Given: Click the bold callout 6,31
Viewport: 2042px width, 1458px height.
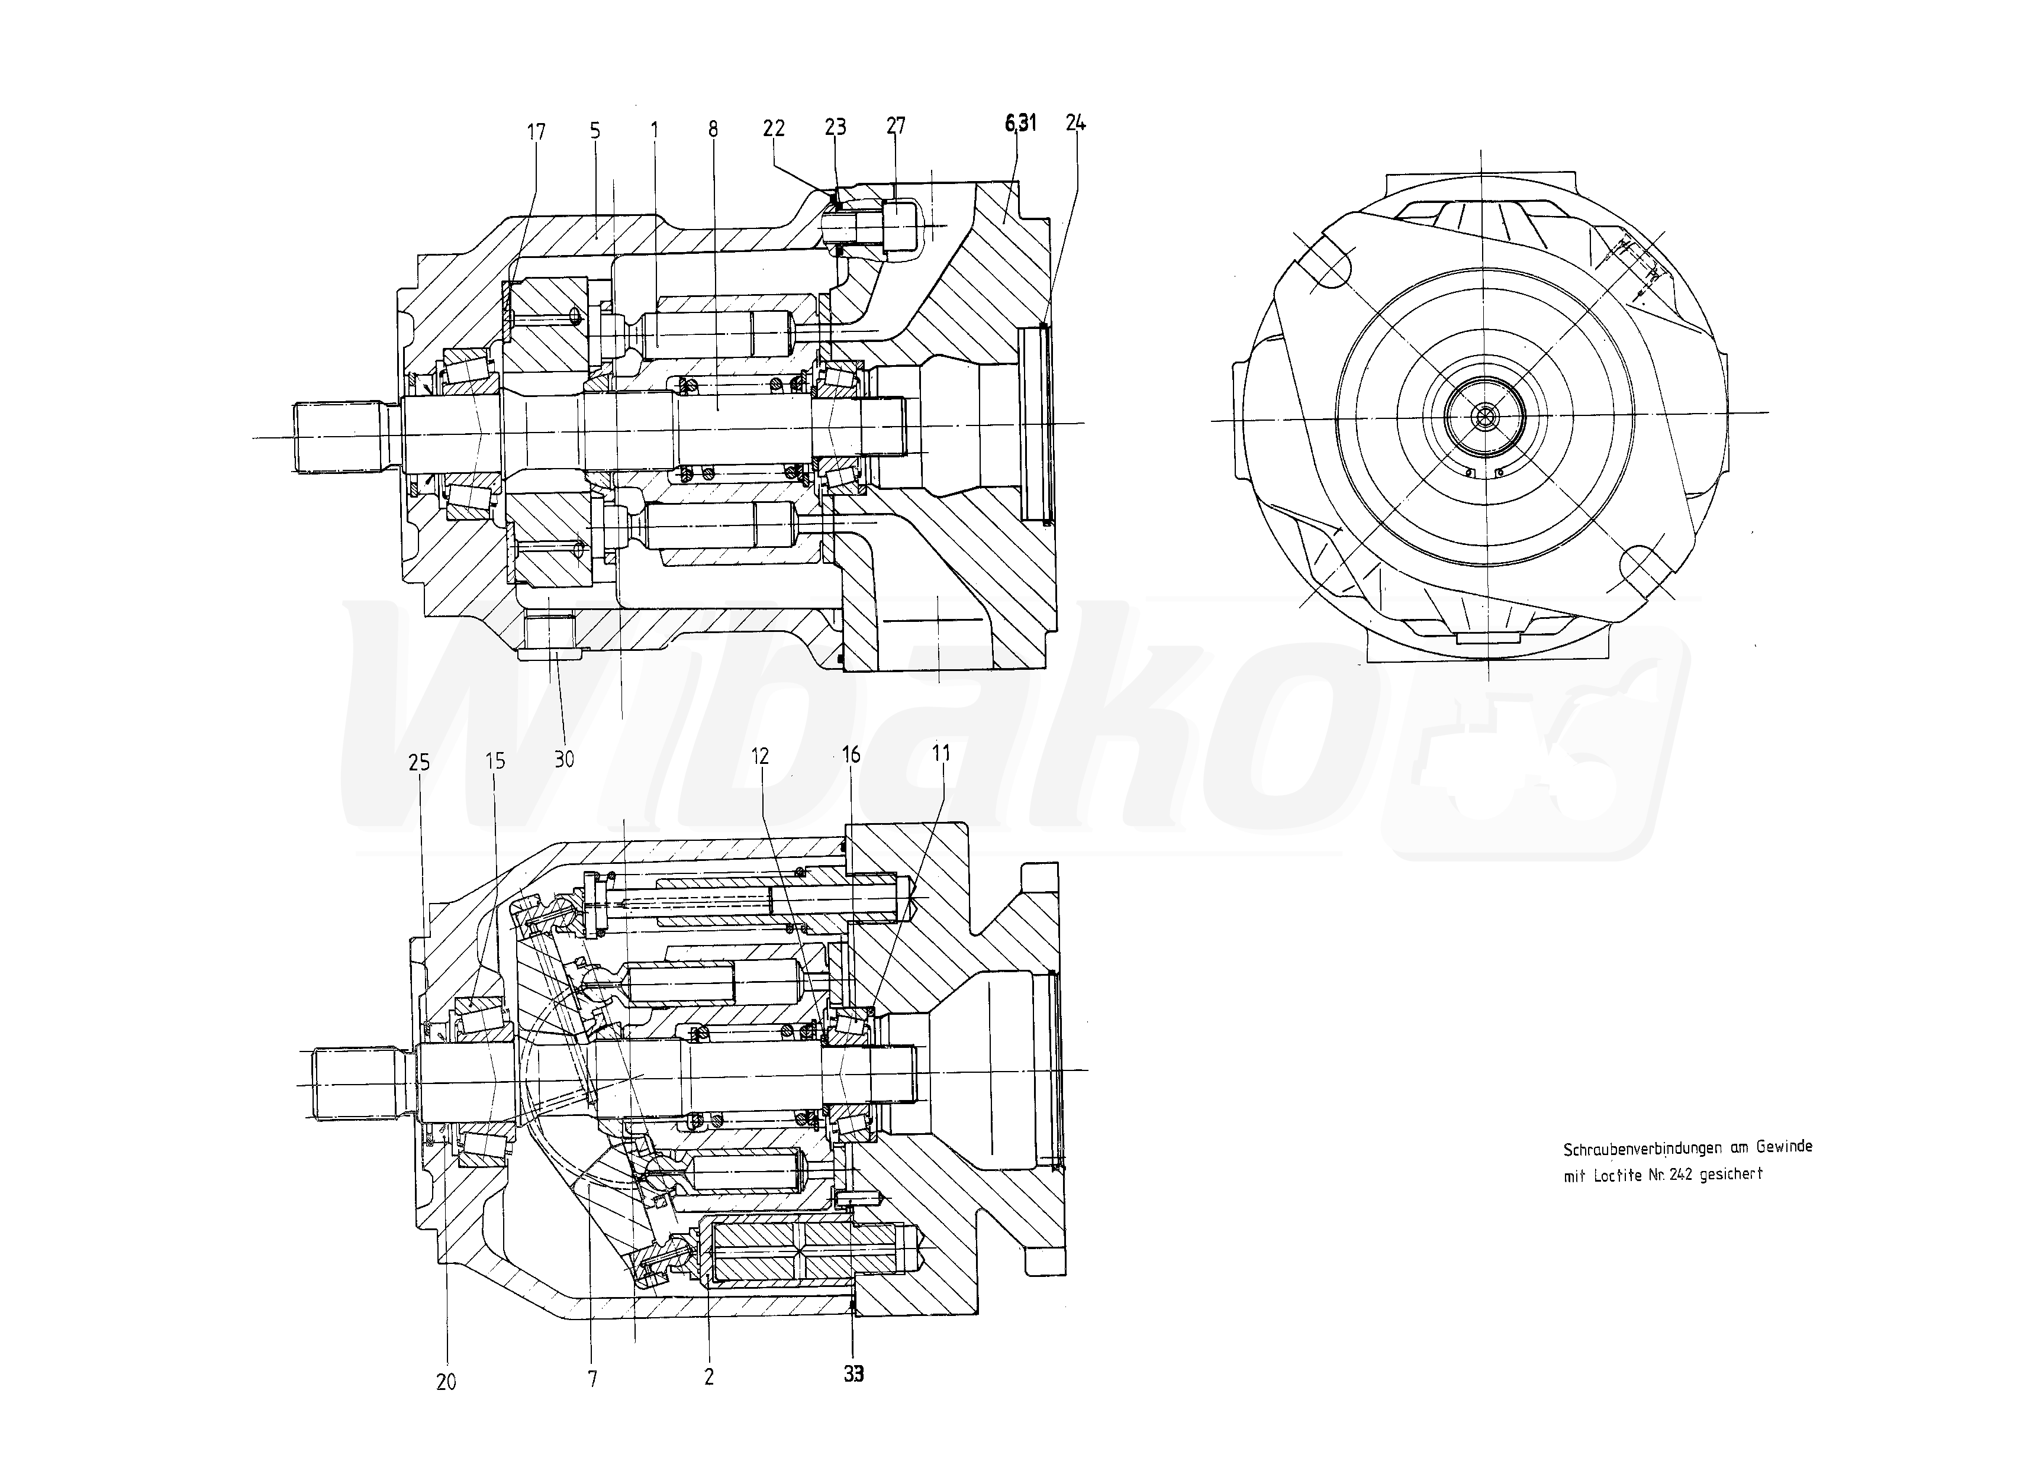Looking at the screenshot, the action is [1021, 123].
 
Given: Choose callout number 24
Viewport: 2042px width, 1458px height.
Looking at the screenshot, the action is [1076, 123].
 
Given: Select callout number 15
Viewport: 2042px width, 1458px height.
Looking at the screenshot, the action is [495, 762].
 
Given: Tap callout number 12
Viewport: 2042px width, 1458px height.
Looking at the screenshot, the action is [760, 756].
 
